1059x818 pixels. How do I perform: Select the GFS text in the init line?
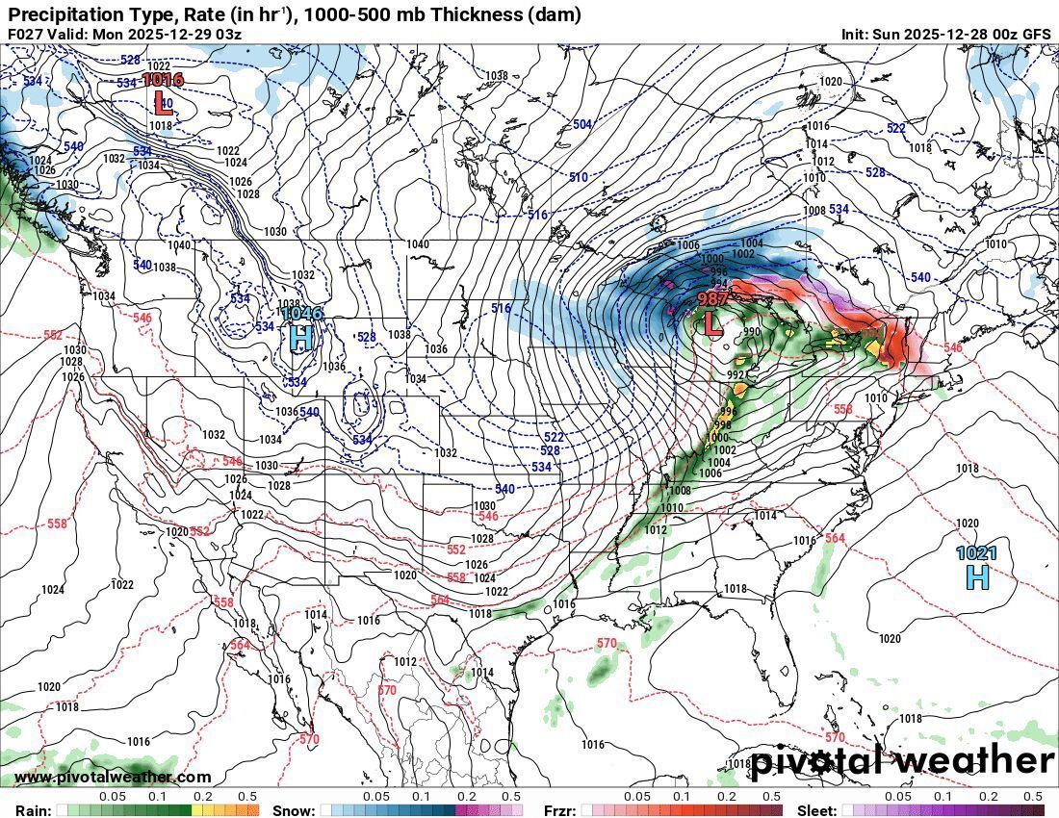click(1037, 34)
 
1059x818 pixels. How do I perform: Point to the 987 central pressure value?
click(713, 299)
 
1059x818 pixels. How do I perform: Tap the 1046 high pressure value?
click(301, 313)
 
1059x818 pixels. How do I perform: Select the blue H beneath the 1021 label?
click(977, 576)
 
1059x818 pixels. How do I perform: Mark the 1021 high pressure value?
click(976, 553)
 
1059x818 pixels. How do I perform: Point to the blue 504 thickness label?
click(582, 125)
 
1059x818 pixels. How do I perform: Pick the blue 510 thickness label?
click(578, 177)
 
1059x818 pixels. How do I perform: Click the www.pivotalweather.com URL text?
click(113, 777)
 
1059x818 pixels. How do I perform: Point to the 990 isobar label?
click(751, 332)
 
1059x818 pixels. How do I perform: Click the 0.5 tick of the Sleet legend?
click(1033, 797)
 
